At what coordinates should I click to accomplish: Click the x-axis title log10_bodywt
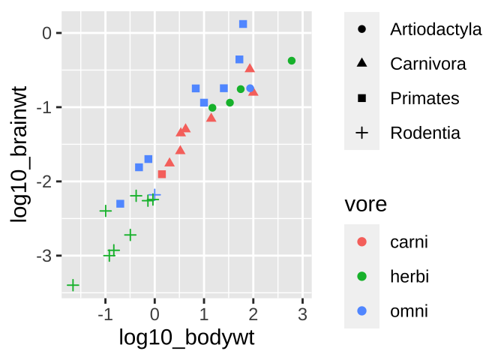(x=187, y=337)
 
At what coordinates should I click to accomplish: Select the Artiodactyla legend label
(x=436, y=30)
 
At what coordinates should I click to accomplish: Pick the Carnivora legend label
(x=428, y=64)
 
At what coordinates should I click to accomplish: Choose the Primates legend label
(x=424, y=98)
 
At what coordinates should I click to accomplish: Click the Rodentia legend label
(x=425, y=133)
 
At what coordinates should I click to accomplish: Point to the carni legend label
(x=409, y=241)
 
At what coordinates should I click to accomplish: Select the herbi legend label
(x=409, y=276)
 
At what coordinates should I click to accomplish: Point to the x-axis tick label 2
(x=253, y=313)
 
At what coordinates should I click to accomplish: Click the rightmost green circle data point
(x=292, y=60)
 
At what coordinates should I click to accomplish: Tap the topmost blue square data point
(x=243, y=24)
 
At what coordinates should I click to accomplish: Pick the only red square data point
(x=162, y=174)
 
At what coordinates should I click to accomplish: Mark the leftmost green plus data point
(x=73, y=285)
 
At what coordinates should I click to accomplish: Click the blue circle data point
(x=250, y=88)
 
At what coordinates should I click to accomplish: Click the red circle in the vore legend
(x=362, y=241)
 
